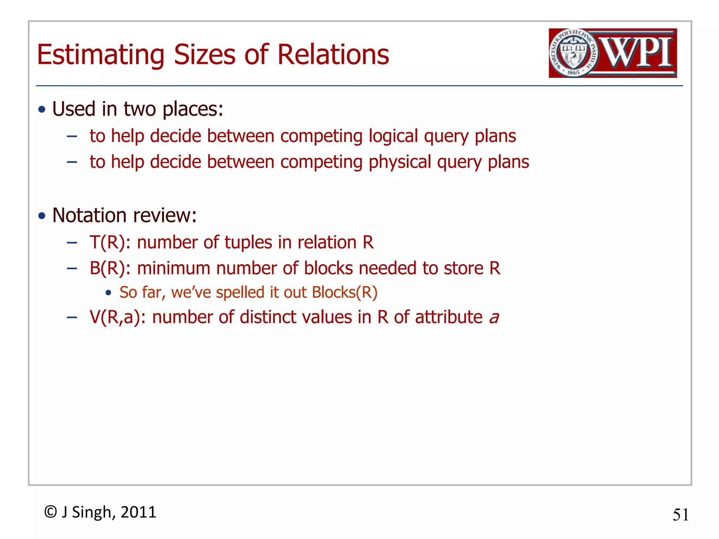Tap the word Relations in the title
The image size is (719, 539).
click(333, 55)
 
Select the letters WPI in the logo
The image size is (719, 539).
click(637, 53)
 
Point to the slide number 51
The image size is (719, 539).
click(680, 515)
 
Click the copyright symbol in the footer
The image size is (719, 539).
click(51, 512)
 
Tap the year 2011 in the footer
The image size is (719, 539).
click(138, 512)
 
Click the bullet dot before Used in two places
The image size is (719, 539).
click(42, 109)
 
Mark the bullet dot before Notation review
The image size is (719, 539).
click(42, 215)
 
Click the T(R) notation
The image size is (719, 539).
click(110, 242)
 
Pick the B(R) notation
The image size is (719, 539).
click(110, 268)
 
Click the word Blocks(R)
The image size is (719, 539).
click(344, 292)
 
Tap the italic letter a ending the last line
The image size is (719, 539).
click(494, 318)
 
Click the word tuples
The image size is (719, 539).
click(248, 242)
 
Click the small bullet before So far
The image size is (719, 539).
click(108, 292)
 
